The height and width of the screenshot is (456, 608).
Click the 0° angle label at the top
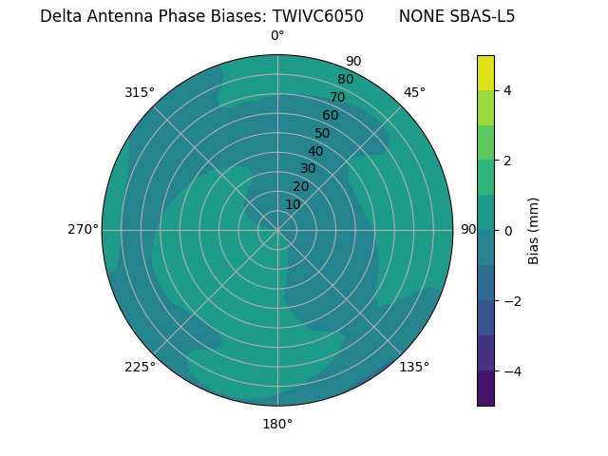(277, 36)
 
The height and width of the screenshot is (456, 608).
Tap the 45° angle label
(414, 92)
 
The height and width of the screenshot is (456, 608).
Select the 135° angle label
(414, 367)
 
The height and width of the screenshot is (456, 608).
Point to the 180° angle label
(277, 424)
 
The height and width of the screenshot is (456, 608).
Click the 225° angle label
(140, 367)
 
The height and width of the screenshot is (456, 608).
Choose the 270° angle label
(83, 229)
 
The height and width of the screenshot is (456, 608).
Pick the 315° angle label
(140, 92)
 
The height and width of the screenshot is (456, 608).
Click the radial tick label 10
(293, 204)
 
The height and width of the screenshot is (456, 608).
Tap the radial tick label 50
(322, 133)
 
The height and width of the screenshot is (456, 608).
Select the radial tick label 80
(345, 79)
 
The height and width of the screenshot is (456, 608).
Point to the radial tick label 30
(308, 168)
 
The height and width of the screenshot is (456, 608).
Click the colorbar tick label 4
(507, 90)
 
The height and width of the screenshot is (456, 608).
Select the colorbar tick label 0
(507, 230)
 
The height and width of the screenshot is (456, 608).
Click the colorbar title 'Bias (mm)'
(534, 230)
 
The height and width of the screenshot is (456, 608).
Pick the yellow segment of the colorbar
(485, 72)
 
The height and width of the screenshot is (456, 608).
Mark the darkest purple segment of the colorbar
(485, 388)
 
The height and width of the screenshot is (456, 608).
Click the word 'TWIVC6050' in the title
(317, 16)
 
